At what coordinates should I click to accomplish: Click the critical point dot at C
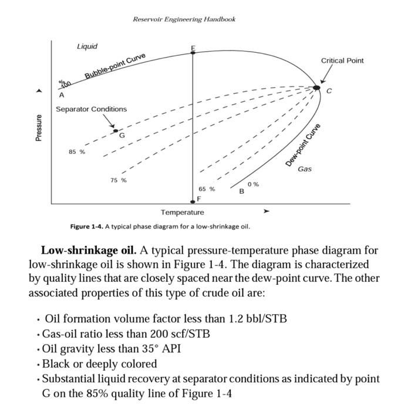point(316,87)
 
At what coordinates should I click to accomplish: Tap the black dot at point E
point(193,53)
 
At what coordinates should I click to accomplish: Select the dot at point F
point(193,202)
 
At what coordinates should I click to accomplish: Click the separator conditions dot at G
point(116,131)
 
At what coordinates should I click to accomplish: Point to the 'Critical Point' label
point(342,60)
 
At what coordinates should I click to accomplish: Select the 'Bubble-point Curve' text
point(115,66)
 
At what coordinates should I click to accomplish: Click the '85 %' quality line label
point(76,151)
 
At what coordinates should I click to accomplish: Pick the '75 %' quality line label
point(118,180)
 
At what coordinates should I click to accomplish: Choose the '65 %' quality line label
point(206,189)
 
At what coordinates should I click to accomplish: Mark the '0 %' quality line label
point(253,184)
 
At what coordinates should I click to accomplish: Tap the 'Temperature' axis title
point(183,212)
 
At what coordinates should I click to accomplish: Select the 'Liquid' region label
point(87,46)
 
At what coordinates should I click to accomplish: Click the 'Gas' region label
point(305,169)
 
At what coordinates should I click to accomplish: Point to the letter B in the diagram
point(241,191)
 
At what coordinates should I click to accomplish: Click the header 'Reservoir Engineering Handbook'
point(184,19)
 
